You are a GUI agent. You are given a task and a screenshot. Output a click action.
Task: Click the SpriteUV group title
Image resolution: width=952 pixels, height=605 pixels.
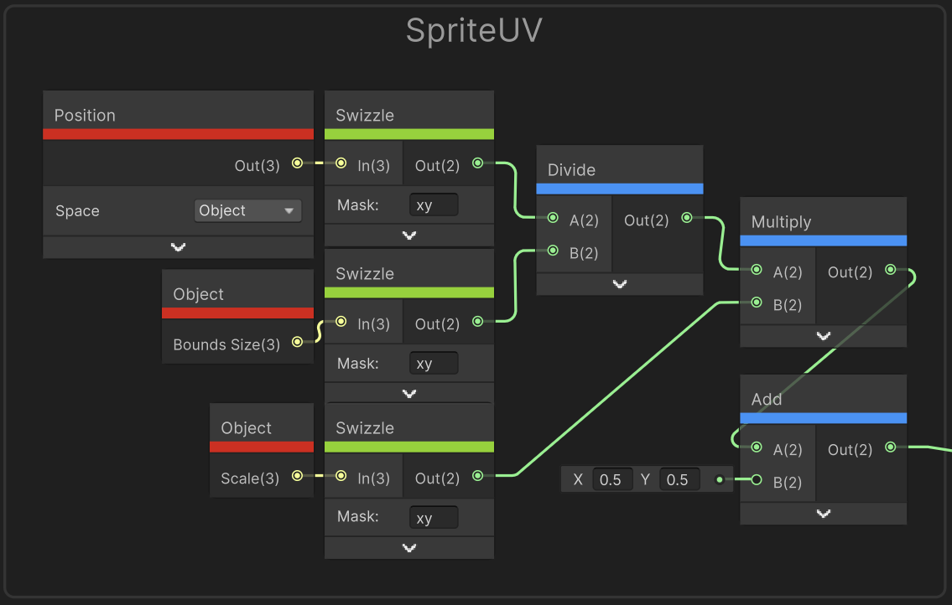click(x=474, y=31)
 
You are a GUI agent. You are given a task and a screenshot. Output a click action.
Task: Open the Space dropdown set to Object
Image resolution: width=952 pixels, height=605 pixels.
click(x=247, y=210)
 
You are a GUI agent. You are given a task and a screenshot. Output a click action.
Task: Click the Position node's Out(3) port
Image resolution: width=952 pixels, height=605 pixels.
click(x=297, y=163)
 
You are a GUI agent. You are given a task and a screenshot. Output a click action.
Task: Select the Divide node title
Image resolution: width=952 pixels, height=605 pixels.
click(x=571, y=170)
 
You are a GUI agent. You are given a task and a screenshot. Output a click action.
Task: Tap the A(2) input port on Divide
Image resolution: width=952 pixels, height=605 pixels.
click(x=553, y=218)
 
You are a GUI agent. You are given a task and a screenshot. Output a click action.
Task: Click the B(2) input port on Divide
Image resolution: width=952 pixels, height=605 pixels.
click(x=553, y=251)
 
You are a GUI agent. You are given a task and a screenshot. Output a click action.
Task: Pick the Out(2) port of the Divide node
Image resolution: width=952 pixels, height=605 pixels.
click(x=687, y=218)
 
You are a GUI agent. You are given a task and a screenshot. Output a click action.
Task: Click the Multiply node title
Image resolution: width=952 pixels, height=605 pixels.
click(x=781, y=222)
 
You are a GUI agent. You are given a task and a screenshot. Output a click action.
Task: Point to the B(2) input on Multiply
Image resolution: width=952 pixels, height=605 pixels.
click(x=757, y=302)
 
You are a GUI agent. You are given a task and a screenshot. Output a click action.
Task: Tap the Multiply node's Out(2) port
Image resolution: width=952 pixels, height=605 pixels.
click(x=890, y=270)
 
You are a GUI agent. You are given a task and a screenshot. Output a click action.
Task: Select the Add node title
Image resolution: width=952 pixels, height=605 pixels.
click(x=767, y=400)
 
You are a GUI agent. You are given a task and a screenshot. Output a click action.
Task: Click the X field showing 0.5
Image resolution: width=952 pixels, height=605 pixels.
click(x=611, y=480)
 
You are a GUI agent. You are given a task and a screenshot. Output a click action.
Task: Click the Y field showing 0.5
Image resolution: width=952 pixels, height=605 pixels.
click(x=678, y=480)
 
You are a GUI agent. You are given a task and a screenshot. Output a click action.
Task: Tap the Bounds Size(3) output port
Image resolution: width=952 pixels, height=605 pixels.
click(x=297, y=342)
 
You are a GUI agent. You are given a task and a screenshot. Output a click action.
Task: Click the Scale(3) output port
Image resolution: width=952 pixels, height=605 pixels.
click(x=297, y=476)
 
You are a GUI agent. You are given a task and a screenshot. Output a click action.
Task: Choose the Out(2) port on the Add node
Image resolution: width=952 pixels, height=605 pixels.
click(x=890, y=447)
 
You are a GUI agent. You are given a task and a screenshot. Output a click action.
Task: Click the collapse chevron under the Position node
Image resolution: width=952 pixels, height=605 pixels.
click(x=178, y=247)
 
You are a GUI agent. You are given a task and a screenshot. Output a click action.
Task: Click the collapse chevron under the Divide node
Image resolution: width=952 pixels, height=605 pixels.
click(x=619, y=284)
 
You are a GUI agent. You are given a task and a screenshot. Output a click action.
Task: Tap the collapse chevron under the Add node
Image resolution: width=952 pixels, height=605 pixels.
click(x=823, y=514)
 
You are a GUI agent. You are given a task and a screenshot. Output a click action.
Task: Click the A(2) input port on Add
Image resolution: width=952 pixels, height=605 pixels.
click(x=757, y=447)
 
